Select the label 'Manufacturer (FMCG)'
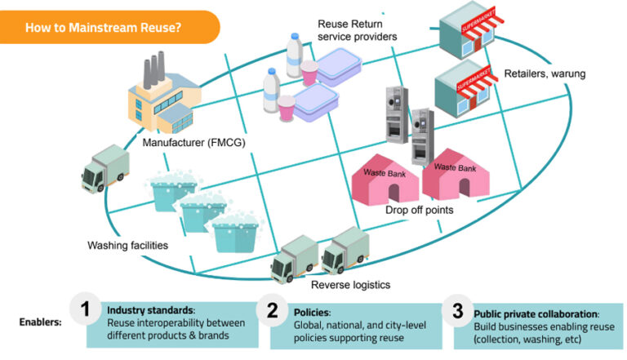pos(193,144)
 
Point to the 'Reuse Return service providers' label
pos(358,30)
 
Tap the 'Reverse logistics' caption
pos(351,284)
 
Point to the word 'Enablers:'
pos(40,322)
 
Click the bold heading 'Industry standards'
pos(150,311)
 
